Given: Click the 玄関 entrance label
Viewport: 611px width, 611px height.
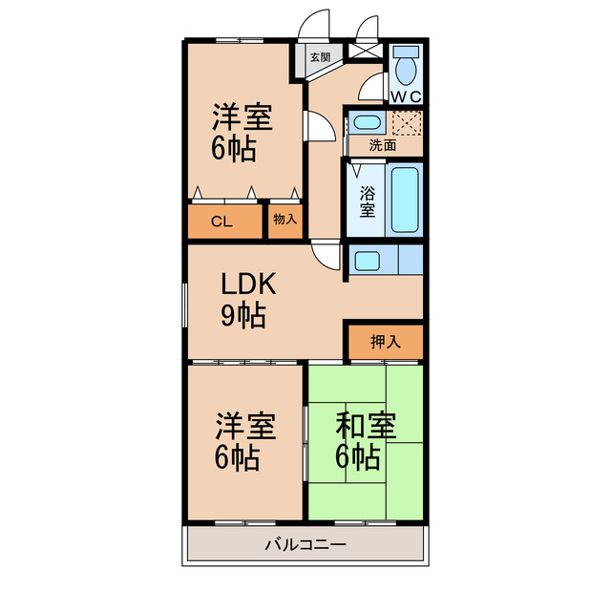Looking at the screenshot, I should (x=320, y=57).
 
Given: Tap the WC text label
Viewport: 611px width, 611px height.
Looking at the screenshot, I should (x=406, y=95).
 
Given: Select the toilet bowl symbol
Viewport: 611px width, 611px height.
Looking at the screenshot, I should (x=406, y=67).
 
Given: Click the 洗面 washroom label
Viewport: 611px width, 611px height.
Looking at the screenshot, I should (x=383, y=146).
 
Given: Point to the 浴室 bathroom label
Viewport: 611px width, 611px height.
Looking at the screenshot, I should (x=368, y=200).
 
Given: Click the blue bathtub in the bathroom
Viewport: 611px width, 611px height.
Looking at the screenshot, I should (x=405, y=201).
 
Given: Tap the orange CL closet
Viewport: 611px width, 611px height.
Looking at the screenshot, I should (x=222, y=221).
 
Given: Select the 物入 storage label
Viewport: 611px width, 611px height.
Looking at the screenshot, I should (x=284, y=221).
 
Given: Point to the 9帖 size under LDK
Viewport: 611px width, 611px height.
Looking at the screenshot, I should (x=243, y=315).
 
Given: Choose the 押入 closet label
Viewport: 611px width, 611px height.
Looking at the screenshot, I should (x=385, y=341).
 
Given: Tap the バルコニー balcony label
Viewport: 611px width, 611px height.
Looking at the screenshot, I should (x=305, y=545).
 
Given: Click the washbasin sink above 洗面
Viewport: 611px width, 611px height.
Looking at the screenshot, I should (x=364, y=123).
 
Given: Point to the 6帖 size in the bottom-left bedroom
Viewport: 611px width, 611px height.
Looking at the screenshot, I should (x=237, y=458).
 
